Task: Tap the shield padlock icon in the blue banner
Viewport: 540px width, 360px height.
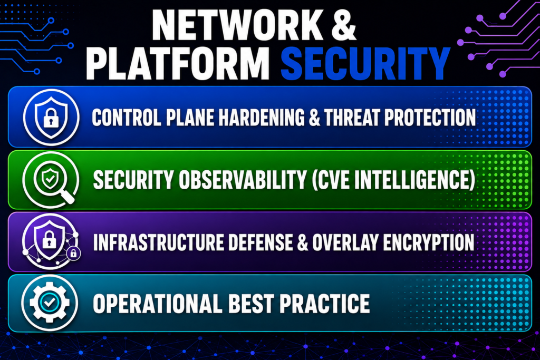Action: [x=51, y=117]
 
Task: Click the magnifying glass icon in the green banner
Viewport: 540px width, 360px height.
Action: [x=51, y=180]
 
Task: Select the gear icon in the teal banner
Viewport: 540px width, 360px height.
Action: [x=50, y=303]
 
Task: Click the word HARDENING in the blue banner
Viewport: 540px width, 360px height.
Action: [x=262, y=118]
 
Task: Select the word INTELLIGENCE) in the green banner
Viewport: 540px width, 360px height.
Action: [x=415, y=180]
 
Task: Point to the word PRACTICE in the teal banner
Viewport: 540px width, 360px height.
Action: [x=324, y=304]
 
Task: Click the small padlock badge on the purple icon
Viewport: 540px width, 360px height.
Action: [x=73, y=254]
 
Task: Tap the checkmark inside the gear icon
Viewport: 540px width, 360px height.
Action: [x=50, y=303]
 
